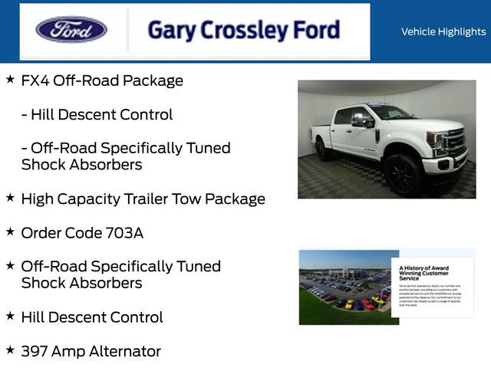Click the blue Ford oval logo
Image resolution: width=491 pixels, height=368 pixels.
coord(71,30)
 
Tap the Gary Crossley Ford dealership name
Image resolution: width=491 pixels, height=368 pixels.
coord(243,31)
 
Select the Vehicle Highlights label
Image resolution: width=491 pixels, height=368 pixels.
coord(443,31)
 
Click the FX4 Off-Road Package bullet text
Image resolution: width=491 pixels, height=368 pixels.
coord(102,80)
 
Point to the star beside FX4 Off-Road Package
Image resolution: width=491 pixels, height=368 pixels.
coord(10,79)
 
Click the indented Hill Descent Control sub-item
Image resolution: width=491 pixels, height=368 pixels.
coord(97,114)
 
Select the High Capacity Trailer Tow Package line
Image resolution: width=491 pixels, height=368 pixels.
coord(143,199)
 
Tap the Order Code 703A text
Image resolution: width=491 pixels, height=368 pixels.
coord(82,232)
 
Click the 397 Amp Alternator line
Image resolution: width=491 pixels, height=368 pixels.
coord(91,351)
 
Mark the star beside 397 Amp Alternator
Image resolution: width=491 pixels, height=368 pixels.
coord(10,350)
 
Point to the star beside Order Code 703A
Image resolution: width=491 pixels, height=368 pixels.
coord(10,231)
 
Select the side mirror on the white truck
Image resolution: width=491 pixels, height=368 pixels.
coord(359,120)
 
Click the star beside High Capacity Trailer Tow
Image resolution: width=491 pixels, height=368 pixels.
coord(10,197)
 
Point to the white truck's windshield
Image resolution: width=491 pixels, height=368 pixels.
coord(391,113)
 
